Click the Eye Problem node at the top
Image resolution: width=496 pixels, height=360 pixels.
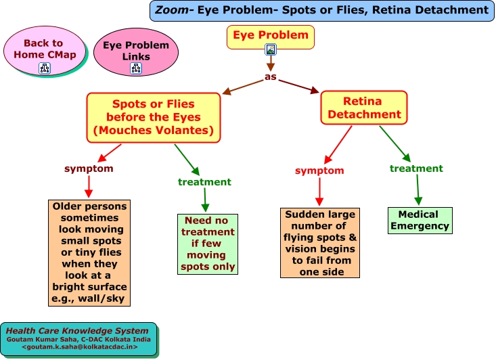click(271, 37)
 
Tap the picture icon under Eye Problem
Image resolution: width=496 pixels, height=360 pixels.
click(271, 49)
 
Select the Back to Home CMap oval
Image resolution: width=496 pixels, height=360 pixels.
click(45, 50)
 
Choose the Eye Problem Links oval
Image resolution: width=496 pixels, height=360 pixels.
click(136, 52)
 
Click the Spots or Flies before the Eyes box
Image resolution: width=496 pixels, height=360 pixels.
click(154, 117)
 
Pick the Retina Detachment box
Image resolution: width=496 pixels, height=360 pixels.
click(364, 108)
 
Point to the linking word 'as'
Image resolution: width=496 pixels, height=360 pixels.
click(271, 76)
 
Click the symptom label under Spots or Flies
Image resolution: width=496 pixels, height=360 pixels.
click(89, 168)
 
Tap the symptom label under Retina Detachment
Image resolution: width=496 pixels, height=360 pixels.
click(319, 171)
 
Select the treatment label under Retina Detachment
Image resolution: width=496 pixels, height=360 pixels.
click(416, 168)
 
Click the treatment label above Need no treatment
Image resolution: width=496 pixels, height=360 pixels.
click(204, 182)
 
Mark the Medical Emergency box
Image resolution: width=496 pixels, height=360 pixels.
click(420, 221)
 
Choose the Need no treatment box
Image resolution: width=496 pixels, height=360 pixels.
click(208, 244)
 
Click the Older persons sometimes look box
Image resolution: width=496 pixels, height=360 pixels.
click(89, 253)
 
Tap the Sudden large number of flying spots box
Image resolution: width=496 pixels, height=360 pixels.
click(320, 243)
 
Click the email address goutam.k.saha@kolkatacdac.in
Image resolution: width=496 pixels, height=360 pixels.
click(80, 347)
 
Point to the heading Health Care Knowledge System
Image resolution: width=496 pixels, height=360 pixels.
click(77, 331)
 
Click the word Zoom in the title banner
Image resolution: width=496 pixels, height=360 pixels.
click(172, 9)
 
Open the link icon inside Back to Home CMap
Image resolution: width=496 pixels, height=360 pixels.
click(45, 68)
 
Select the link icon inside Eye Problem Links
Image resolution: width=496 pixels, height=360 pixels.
click(136, 68)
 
